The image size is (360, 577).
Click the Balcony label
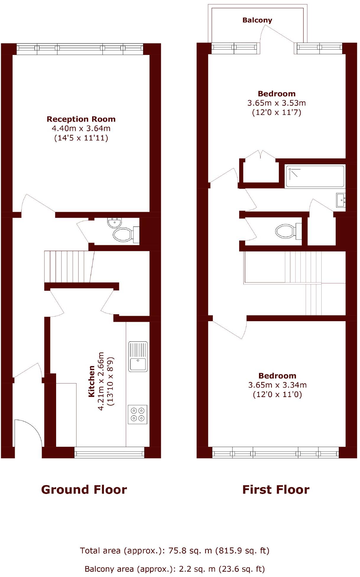(x=257, y=20)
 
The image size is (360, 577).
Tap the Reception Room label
(x=81, y=119)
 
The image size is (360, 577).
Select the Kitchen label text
(x=92, y=381)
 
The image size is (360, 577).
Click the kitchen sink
(x=138, y=357)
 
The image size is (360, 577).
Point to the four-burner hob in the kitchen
(x=138, y=414)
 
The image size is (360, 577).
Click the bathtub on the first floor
(x=315, y=176)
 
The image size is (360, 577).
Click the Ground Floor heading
(x=84, y=490)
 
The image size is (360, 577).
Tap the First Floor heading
(x=276, y=490)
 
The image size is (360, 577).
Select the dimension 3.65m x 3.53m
(x=276, y=103)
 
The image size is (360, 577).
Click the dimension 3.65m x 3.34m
(x=277, y=385)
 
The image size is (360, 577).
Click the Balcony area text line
(x=175, y=569)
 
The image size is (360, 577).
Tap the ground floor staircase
(x=68, y=266)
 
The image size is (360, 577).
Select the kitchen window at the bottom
(x=109, y=452)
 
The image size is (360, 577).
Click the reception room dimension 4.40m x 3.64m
(x=81, y=129)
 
